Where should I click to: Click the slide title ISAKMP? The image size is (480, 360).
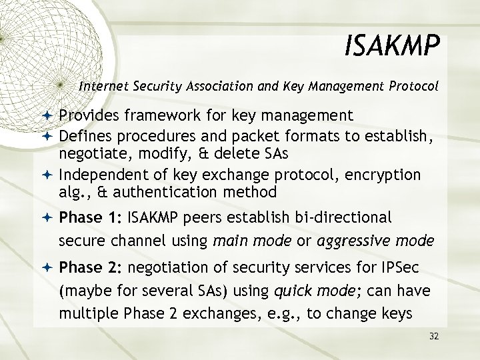[x=393, y=47]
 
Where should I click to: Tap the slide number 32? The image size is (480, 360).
[x=434, y=336]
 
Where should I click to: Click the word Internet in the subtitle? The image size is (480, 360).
[x=101, y=86]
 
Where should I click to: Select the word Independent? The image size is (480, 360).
[x=99, y=175]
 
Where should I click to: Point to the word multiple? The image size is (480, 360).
[x=83, y=313]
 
